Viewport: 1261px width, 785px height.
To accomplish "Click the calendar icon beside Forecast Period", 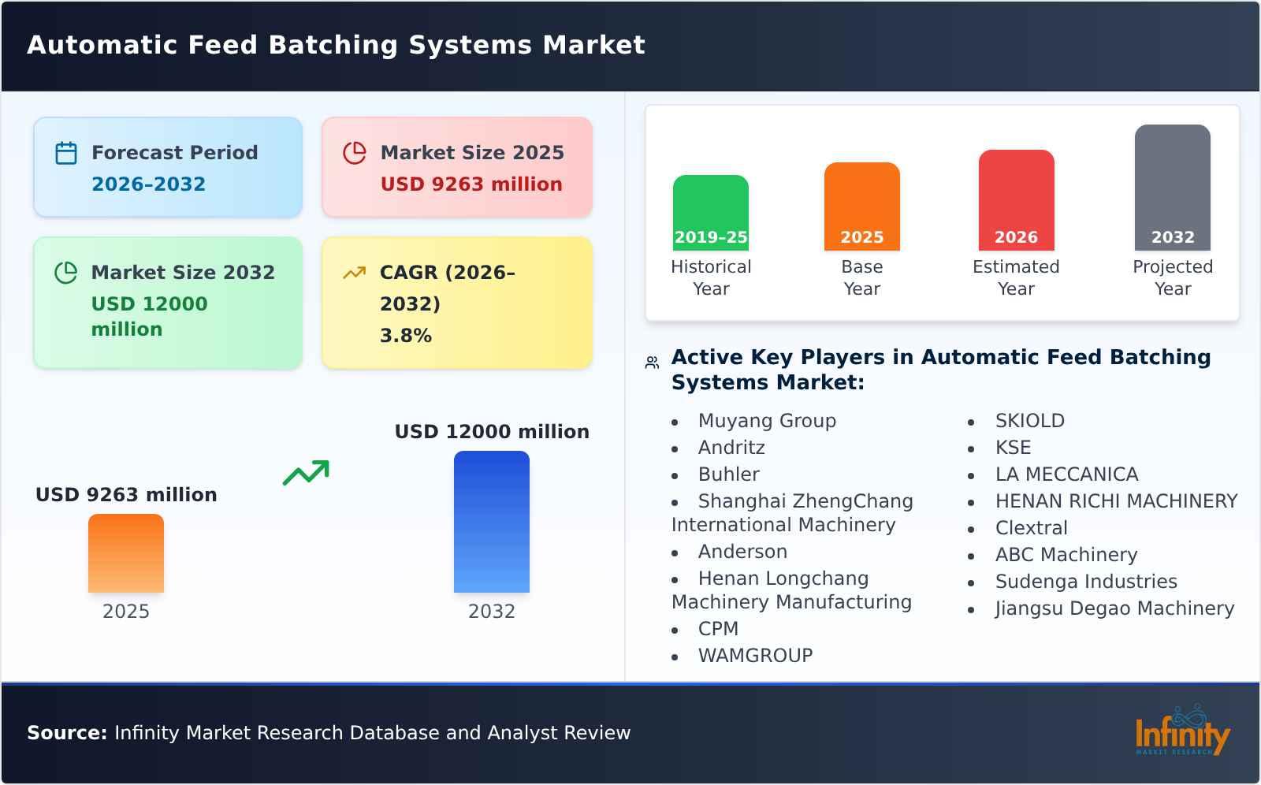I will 66,153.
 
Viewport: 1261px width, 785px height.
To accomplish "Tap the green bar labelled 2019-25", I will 710,213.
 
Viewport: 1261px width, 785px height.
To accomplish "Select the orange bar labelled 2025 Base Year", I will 861,206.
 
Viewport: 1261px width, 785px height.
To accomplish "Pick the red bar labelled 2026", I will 1016,200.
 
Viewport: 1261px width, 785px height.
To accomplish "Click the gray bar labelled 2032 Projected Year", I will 1172,188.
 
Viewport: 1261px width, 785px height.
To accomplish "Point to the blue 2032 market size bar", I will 491,522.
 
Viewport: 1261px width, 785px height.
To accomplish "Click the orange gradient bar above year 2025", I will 126,553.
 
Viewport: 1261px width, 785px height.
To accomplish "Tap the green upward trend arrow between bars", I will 306,473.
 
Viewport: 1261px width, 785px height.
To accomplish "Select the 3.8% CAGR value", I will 405,336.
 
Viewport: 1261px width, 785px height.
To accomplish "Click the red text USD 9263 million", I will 471,184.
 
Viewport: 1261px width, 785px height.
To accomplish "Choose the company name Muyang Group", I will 766,421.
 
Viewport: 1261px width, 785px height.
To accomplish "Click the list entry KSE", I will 1013,448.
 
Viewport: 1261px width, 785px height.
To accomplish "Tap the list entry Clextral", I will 1031,528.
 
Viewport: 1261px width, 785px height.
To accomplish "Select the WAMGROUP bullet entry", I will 755,656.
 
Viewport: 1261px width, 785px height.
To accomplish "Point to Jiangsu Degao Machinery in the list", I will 1114,608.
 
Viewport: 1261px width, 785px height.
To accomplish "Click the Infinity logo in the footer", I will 1182,731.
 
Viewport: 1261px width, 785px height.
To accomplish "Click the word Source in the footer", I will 66,733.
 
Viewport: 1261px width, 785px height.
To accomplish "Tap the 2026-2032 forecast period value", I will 148,184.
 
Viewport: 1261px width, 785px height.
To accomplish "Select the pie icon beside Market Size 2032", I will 66,273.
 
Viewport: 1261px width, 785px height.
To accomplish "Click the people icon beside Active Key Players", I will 652,363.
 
